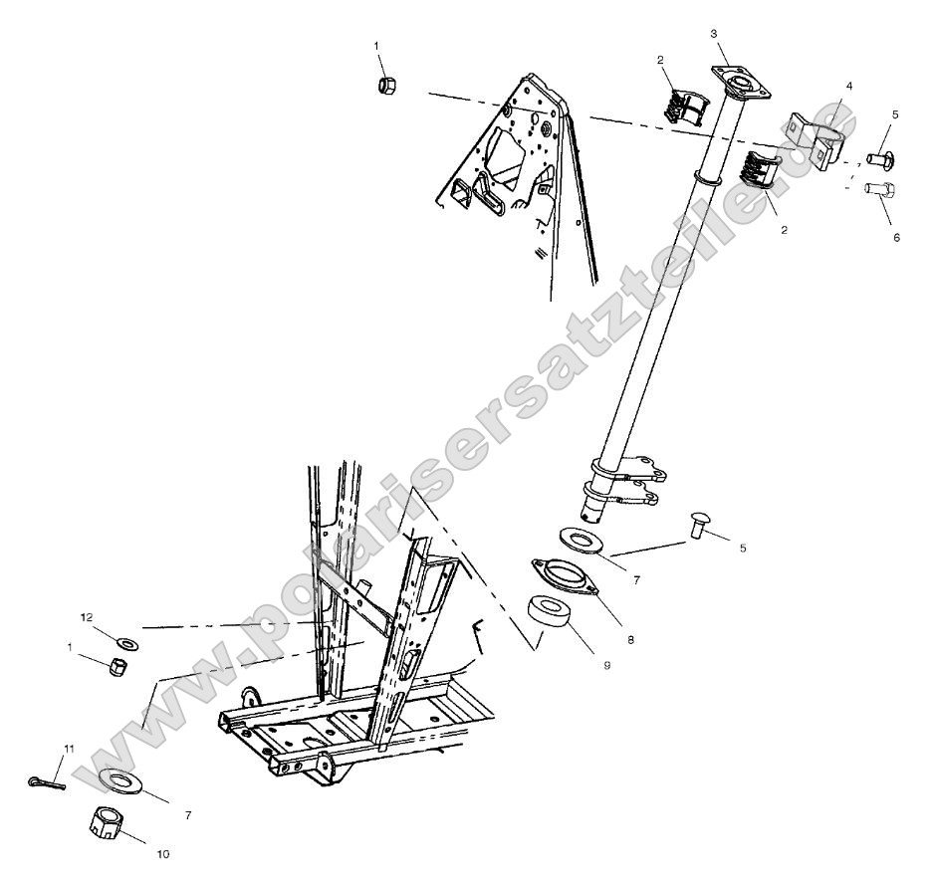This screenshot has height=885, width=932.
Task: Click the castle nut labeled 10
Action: click(x=106, y=822)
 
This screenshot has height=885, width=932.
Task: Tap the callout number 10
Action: click(x=162, y=853)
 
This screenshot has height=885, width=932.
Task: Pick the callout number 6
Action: click(x=895, y=238)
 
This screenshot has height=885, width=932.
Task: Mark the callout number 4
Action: click(x=849, y=87)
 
